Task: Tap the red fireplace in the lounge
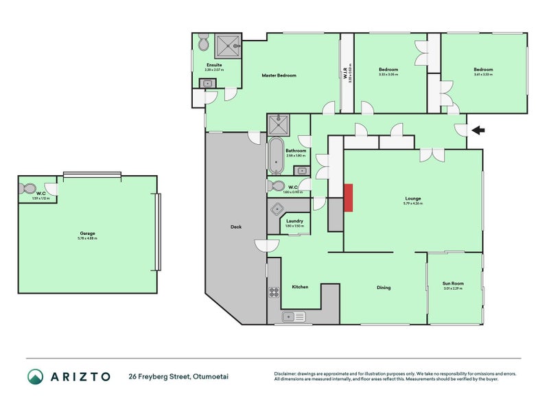[x=349, y=197]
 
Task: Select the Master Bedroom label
[x=279, y=75]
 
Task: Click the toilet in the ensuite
[x=202, y=44]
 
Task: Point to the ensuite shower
[x=227, y=47]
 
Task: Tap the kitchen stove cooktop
[x=273, y=292]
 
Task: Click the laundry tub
[x=277, y=210]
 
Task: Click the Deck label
[x=235, y=227]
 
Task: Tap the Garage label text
[x=87, y=233]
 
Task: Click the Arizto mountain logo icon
[x=36, y=376]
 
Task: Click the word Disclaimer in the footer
[x=287, y=373]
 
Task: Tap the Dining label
[x=383, y=287]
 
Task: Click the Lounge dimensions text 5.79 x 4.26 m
[x=412, y=203]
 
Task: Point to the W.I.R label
[x=346, y=71]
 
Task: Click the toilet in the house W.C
[x=278, y=186]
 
